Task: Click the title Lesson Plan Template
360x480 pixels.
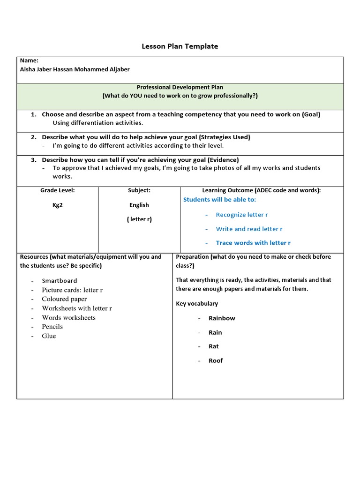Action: coord(180,46)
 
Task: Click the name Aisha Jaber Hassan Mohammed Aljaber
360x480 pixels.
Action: coord(75,69)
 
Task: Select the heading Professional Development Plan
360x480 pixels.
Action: coord(180,87)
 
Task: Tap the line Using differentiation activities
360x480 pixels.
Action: coord(97,123)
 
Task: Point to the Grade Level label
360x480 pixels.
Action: coord(58,190)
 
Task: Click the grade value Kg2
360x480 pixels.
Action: coord(58,205)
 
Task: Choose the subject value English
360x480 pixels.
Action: coord(139,205)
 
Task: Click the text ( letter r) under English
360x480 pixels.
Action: coord(139,219)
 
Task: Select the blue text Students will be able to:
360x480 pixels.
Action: coord(219,200)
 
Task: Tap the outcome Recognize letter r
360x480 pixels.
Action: coord(242,215)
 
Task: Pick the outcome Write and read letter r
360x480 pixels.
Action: coord(249,229)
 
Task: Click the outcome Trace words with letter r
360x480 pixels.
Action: coord(253,243)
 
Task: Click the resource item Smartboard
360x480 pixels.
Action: coord(60,281)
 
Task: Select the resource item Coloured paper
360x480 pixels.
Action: coord(64,299)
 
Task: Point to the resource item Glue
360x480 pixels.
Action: coord(49,336)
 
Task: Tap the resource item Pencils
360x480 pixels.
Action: coord(52,327)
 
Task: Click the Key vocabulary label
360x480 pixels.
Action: coord(197,304)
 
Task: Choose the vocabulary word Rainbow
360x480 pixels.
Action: coord(222,318)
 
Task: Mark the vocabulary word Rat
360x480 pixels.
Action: coord(214,346)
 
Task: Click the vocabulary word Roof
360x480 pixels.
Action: coord(216,360)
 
